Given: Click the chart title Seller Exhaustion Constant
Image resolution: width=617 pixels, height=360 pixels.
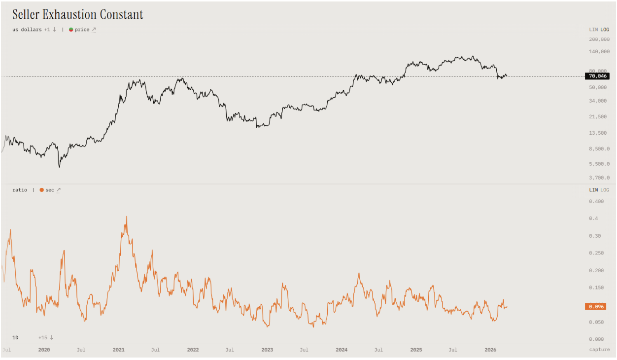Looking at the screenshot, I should [78, 15].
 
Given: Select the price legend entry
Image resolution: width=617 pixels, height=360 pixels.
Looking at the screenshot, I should [82, 30].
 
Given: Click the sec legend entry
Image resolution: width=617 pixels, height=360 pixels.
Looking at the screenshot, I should [50, 190].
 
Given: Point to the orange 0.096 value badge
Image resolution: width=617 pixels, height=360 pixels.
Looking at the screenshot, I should [595, 306].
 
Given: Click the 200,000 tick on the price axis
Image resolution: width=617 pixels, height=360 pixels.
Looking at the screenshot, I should [599, 39].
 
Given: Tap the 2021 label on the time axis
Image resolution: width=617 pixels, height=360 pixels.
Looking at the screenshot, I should [118, 350].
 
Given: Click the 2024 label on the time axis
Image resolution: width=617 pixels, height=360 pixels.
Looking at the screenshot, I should [342, 350].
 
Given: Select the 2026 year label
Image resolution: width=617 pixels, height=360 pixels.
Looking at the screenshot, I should [490, 350].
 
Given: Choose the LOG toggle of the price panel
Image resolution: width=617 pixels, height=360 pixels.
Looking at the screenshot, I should [605, 30].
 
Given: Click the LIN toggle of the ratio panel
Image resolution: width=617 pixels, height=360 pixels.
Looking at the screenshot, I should [593, 190].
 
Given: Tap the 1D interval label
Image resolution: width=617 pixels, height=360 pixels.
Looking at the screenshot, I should [15, 337].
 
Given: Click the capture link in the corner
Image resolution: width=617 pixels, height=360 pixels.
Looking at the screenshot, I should [599, 350].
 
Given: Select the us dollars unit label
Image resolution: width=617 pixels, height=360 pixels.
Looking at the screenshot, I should [27, 30].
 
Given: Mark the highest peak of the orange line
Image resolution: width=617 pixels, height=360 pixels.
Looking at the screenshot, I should [127, 216].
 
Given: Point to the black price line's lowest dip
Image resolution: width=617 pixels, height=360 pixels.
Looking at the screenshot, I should [59, 167].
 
